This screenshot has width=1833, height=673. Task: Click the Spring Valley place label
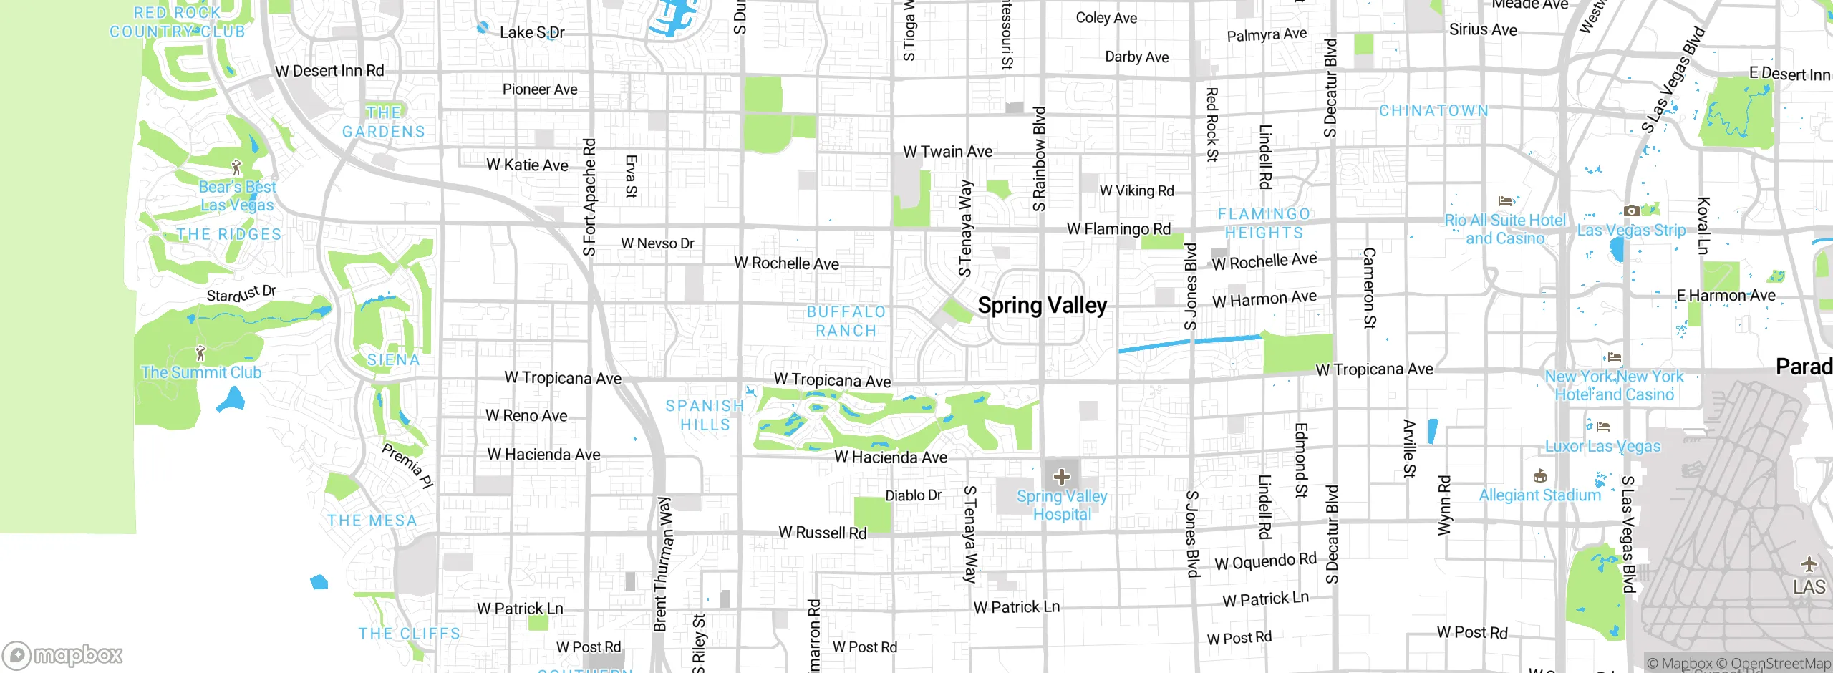(x=1042, y=306)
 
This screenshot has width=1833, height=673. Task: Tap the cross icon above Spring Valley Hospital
(x=1062, y=477)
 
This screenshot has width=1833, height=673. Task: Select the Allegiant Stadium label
(x=1539, y=495)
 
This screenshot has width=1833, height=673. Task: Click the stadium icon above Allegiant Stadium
(x=1540, y=476)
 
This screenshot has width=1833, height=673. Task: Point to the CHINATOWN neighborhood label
(x=1433, y=111)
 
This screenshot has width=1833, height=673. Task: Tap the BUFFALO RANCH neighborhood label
(x=846, y=321)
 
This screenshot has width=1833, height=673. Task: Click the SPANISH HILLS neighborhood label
(x=705, y=415)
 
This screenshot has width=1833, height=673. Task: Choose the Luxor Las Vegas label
(x=1602, y=446)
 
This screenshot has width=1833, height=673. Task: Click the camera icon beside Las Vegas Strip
(x=1631, y=210)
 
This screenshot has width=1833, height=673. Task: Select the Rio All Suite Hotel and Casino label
(x=1505, y=229)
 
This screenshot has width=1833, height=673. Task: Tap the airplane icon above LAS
(x=1809, y=564)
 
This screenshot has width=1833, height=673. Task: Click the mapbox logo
(x=63, y=654)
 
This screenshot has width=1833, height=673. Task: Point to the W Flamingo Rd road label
(x=1118, y=229)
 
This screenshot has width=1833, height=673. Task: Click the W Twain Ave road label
(x=947, y=152)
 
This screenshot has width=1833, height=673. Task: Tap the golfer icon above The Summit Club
(x=200, y=353)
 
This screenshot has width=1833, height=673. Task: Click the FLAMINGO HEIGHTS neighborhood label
(x=1264, y=223)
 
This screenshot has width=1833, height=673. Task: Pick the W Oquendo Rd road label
(x=1265, y=561)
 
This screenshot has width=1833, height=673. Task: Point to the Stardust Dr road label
(x=241, y=294)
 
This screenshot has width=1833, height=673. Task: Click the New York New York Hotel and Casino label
(x=1614, y=385)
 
